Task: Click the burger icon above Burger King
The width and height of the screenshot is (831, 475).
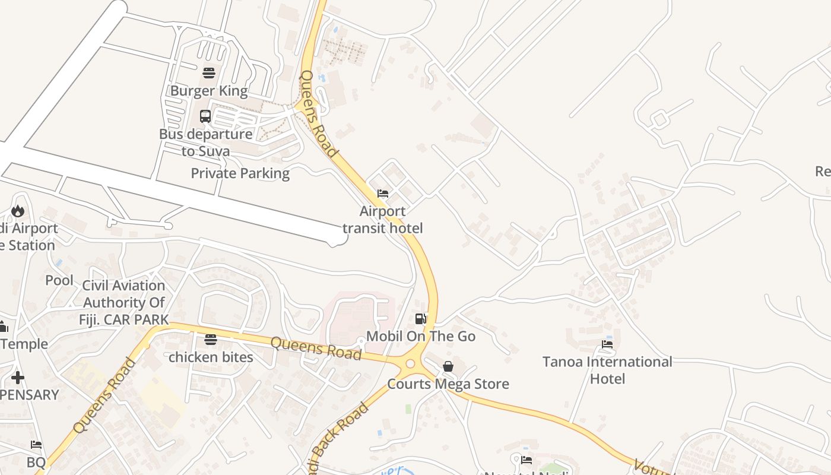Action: [208, 73]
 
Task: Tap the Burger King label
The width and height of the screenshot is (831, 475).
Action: [208, 91]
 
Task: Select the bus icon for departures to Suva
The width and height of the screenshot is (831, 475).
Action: [205, 116]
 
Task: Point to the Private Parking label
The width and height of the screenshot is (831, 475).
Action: [240, 173]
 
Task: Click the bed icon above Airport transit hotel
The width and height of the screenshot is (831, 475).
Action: [383, 194]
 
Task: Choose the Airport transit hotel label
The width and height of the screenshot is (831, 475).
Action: [383, 220]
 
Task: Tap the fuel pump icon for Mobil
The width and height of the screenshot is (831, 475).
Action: [421, 319]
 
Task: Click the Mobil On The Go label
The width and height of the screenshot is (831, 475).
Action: [421, 336]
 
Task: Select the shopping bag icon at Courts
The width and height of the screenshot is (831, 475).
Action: [448, 366]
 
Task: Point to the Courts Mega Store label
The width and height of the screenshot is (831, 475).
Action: [448, 384]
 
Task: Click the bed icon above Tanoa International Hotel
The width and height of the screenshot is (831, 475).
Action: [607, 344]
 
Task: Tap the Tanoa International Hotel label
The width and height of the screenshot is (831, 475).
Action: [607, 370]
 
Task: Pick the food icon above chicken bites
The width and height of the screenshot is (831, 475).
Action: [211, 340]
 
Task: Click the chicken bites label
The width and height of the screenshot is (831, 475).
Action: [211, 357]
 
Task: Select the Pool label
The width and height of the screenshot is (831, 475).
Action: [59, 280]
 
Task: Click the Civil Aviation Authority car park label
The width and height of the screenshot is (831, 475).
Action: [123, 302]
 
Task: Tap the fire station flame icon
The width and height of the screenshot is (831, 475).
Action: [18, 211]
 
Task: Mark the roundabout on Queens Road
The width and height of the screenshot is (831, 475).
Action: [410, 363]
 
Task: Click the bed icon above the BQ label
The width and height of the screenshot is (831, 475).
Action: [36, 445]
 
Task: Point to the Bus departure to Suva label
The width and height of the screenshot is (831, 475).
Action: [205, 142]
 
